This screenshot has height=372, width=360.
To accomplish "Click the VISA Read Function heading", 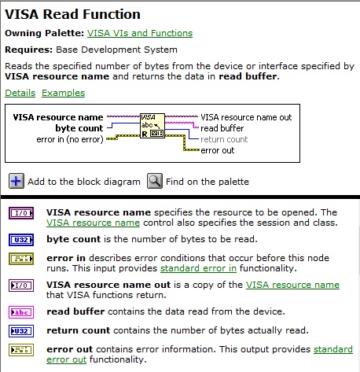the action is point(72,14).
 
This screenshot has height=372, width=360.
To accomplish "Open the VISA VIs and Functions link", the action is point(140,33).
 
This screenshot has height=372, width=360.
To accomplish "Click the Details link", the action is point(20,93).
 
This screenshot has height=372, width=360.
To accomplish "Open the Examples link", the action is point(64,93).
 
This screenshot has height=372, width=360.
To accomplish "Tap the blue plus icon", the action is point(17,181).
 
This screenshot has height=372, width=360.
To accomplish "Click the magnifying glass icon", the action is point(155,181).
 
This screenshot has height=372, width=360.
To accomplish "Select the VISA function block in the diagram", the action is point(152,126).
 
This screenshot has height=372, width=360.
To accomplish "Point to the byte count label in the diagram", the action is point(79,128).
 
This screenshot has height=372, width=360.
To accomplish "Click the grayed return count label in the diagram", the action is point(224,139).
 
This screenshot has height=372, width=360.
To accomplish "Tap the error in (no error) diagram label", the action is point(70,139).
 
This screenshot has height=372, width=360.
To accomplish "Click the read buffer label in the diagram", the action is point(222,128).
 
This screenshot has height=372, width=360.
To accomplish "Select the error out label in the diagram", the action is point(218,150).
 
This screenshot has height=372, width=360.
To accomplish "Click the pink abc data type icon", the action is point(21,312).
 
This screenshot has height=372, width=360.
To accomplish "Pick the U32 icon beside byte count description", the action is point(21,240).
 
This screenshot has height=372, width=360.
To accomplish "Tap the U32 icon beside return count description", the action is point(21,331).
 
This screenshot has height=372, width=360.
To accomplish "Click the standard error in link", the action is point(198,268).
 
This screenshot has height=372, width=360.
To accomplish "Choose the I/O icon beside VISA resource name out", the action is point(21,285).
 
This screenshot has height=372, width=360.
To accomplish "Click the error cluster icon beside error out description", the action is point(21,350).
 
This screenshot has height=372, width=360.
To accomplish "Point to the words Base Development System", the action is point(117,50).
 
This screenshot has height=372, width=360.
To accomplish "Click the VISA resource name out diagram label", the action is point(246,117).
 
